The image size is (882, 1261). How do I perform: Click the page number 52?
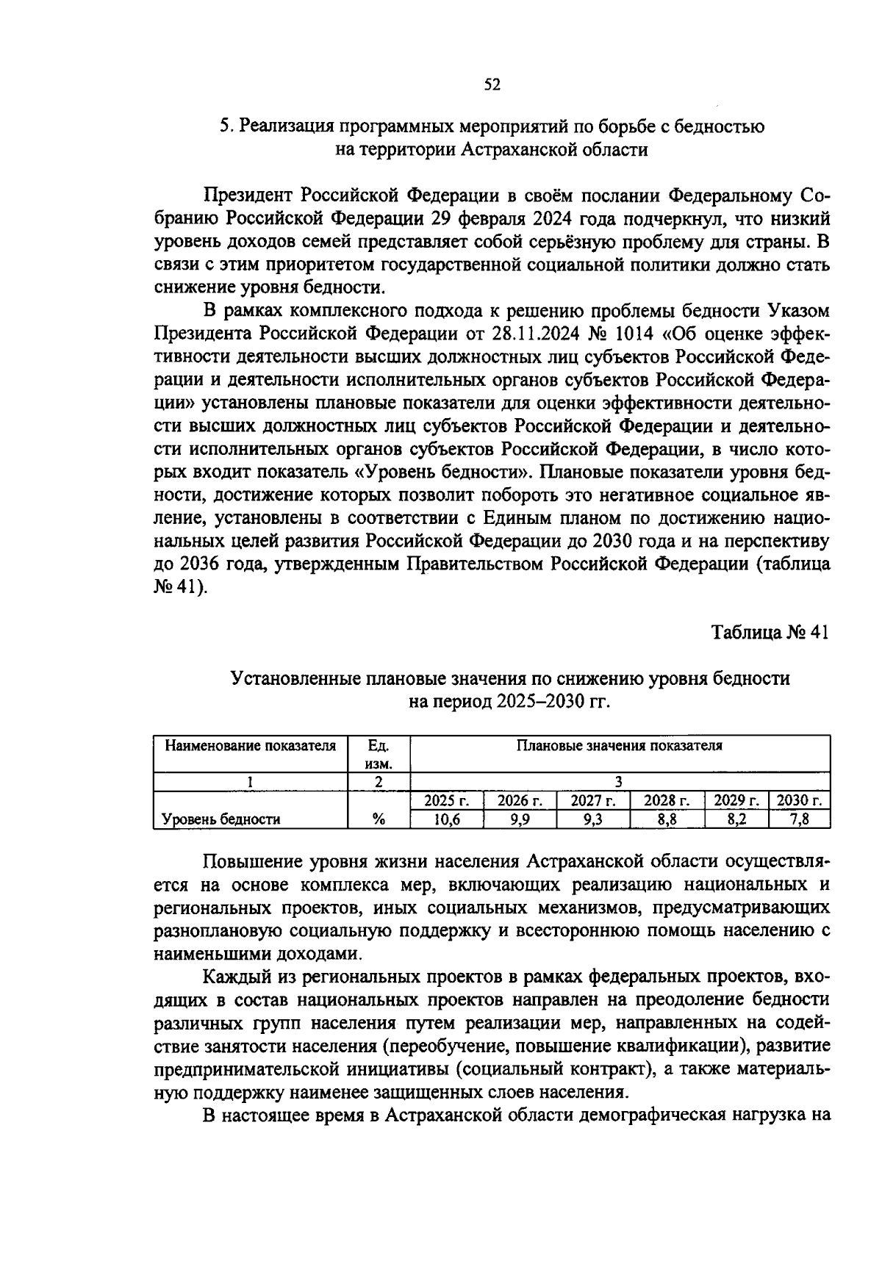point(492,85)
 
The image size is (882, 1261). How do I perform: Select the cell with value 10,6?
point(446,820)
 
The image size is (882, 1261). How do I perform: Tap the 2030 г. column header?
point(799,800)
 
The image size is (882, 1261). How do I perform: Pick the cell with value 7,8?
point(799,820)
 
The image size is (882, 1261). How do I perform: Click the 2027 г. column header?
point(593,800)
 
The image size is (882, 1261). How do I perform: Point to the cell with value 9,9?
point(520,820)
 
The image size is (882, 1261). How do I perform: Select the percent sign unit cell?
point(379,820)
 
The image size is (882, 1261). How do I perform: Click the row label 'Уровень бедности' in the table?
point(221,820)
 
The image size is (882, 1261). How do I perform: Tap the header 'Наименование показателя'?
point(250,746)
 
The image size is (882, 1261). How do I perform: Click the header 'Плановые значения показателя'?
point(620,746)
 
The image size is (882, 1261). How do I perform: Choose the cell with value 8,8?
point(667,820)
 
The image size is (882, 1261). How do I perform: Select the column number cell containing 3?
point(620,782)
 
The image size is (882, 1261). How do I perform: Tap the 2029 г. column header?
point(736,800)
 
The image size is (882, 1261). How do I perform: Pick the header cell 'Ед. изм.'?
point(378,754)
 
